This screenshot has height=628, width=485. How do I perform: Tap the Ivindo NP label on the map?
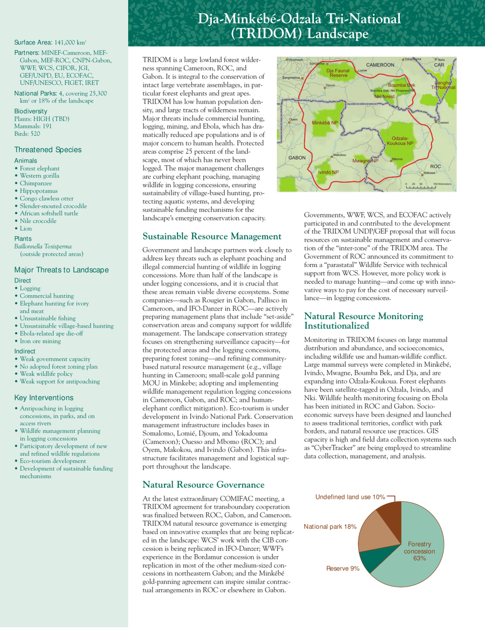pos(328,172)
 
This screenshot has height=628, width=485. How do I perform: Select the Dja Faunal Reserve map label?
pos(337,73)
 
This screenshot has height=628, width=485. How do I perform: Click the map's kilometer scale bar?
pos(421,187)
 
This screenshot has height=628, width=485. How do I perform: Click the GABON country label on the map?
pos(297,158)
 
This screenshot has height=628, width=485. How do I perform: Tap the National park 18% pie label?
pos(330,526)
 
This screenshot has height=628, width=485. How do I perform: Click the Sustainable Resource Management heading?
pos(212,236)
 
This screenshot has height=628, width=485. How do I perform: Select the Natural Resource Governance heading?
pos(203,484)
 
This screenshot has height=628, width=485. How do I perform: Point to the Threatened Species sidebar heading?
pos(47,150)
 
